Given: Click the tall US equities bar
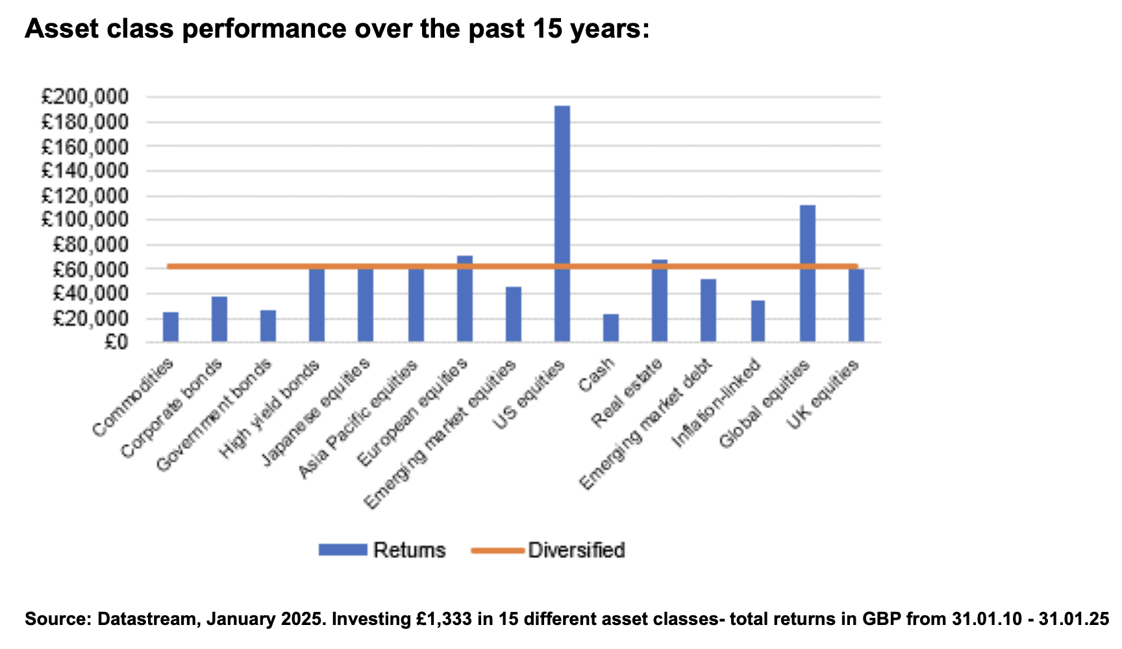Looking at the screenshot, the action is point(562,223).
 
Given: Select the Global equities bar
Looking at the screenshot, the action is point(808,273).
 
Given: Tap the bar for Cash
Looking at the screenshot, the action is point(611,328).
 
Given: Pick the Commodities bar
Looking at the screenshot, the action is point(171,326).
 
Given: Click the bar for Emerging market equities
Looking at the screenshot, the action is point(514,314).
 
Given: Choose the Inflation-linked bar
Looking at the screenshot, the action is point(758,321).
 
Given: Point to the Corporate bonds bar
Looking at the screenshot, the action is point(219,319).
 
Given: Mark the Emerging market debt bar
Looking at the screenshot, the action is point(708,310).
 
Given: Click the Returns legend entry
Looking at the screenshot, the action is point(382,550).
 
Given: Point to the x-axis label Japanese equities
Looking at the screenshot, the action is point(316,411).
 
